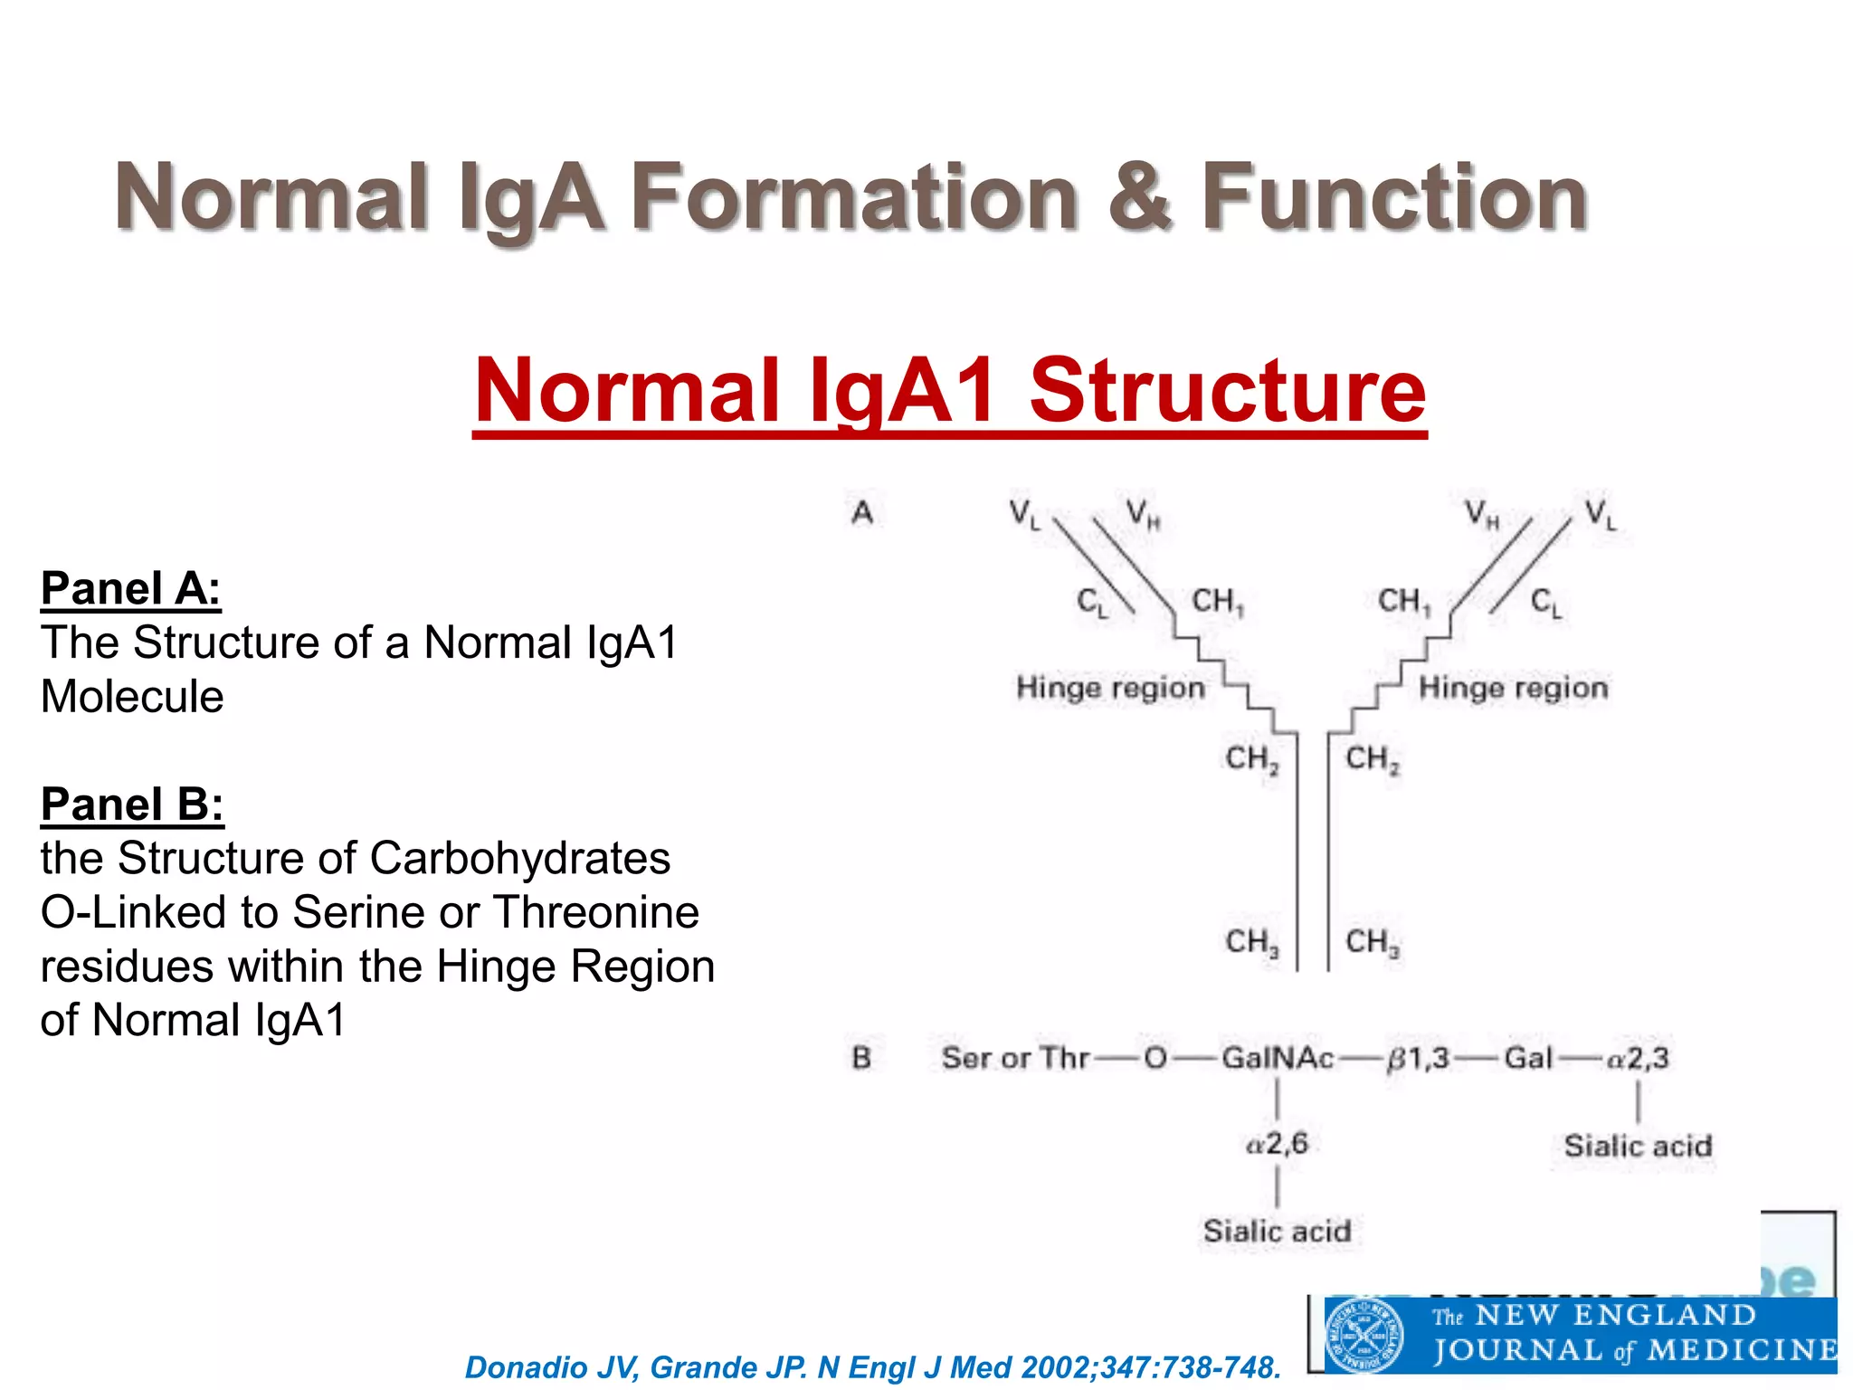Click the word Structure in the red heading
tap(1227, 391)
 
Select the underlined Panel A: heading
tap(131, 588)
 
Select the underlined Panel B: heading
tap(132, 804)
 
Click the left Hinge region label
tap(1110, 688)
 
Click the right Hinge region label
tap(1514, 688)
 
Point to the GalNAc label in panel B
tap(1277, 1058)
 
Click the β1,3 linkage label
tap(1418, 1058)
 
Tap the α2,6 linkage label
tap(1277, 1144)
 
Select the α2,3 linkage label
tap(1637, 1058)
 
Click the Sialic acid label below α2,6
tap(1277, 1232)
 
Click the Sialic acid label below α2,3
tap(1638, 1147)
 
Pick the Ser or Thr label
tap(1014, 1058)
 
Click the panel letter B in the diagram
tap(861, 1058)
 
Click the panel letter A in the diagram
tap(862, 513)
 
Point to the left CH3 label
tap(1252, 943)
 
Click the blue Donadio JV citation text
tap(872, 1367)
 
